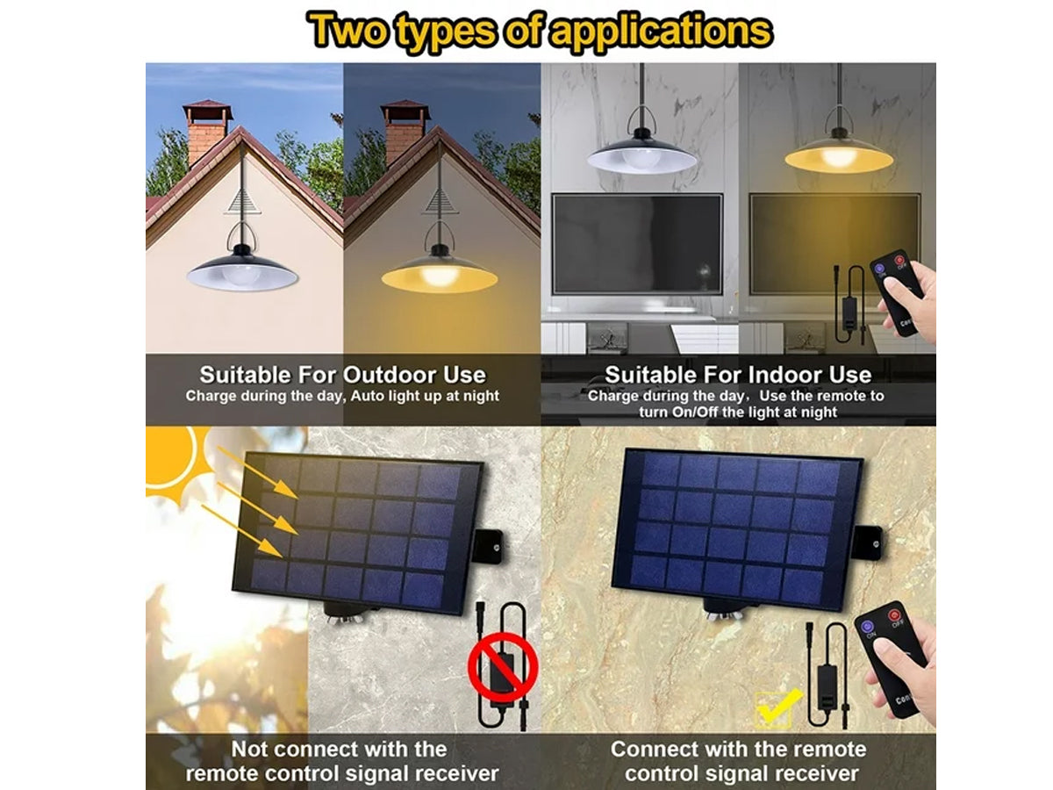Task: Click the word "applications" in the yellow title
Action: click(x=661, y=32)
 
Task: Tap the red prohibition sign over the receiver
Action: click(x=502, y=667)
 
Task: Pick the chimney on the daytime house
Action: click(x=207, y=132)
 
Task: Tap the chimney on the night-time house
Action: click(x=405, y=132)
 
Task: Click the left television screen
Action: click(x=636, y=244)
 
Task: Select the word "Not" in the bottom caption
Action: click(x=252, y=750)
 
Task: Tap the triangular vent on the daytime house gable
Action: click(x=242, y=200)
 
